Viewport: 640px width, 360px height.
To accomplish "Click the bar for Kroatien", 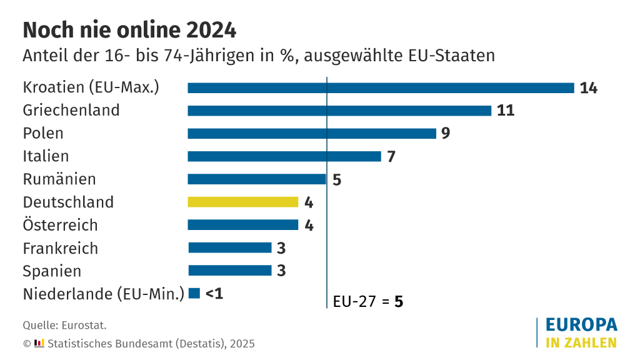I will (x=381, y=88).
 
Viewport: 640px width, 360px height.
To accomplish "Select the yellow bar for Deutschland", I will (x=243, y=202).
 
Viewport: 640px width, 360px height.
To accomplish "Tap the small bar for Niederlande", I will (x=194, y=293).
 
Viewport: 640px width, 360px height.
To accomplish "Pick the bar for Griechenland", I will (x=339, y=111).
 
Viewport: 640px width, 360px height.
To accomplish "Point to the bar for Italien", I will (x=284, y=156).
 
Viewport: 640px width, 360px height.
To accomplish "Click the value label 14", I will (x=588, y=88).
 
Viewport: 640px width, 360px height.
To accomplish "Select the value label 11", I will (x=506, y=111).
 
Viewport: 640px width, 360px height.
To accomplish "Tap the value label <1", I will (x=214, y=293).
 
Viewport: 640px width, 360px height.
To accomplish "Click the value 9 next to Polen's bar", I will (x=446, y=133).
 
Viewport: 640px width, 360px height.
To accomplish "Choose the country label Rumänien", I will (x=59, y=179).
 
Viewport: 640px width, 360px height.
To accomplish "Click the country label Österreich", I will (x=60, y=225).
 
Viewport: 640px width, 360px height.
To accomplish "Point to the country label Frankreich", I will (x=60, y=248).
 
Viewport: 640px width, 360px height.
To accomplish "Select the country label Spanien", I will (x=52, y=271).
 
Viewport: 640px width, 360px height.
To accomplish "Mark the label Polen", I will (x=43, y=133).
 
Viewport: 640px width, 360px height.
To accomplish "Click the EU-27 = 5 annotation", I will (x=367, y=301).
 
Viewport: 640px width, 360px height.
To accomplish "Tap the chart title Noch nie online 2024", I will (x=129, y=30).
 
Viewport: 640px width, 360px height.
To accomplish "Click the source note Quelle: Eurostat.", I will (x=64, y=325).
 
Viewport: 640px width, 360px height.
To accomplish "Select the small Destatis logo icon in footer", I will (x=39, y=343).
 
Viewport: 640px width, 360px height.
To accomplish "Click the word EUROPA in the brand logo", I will (x=581, y=325).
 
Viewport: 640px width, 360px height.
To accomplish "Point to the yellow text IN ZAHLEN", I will (x=581, y=342).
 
